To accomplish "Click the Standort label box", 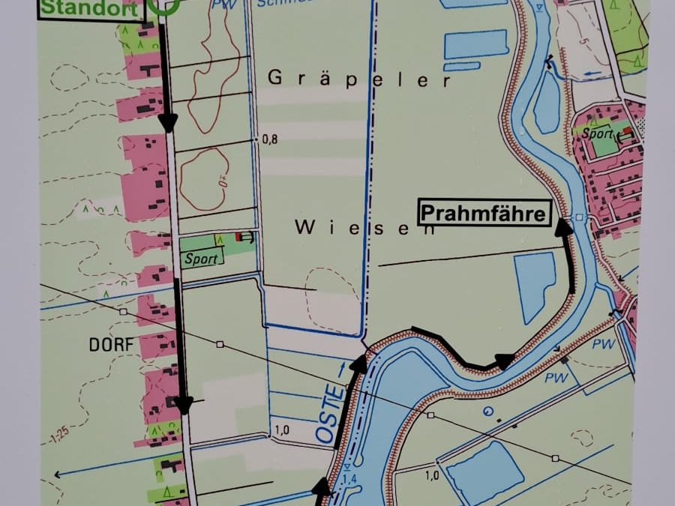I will tap(91, 10).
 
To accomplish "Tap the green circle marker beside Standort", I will tap(164, 6).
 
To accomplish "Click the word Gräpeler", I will tap(359, 79).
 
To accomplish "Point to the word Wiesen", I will tap(365, 228).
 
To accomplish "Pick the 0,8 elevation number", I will tap(270, 139).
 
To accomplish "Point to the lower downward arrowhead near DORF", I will tap(184, 406).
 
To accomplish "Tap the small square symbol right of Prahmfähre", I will tap(579, 217).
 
